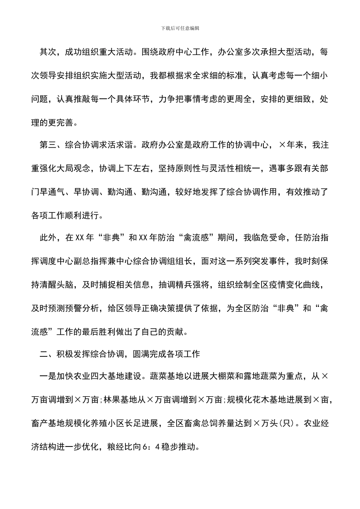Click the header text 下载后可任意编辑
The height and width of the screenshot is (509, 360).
click(180, 28)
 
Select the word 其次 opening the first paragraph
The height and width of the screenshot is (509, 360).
click(48, 52)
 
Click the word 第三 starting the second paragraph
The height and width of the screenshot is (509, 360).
click(48, 145)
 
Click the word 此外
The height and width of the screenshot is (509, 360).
click(48, 238)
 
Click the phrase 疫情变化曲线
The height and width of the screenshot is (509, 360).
click(294, 285)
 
